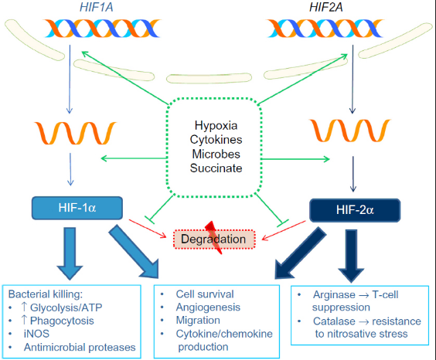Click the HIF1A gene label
click(97, 7)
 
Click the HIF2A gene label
click(326, 7)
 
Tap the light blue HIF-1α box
click(77, 208)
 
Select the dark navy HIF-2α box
click(355, 210)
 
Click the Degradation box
click(214, 239)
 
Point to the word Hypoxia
click(216, 126)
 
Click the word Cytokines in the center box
click(216, 140)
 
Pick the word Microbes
click(216, 154)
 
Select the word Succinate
click(216, 168)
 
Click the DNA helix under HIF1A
click(102, 29)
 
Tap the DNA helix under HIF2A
click(325, 29)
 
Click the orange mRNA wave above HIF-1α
click(75, 133)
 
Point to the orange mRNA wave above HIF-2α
click(350, 131)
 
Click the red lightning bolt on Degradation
click(214, 237)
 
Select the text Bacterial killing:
click(46, 294)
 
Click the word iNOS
click(36, 334)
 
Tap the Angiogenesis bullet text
click(208, 307)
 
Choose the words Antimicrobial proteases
click(80, 347)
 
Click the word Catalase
click(334, 321)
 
